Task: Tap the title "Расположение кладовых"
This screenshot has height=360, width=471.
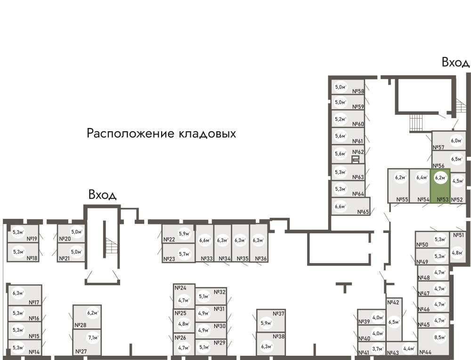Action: [161, 134]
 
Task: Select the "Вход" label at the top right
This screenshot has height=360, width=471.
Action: [455, 62]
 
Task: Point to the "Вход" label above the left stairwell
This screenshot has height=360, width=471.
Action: [102, 194]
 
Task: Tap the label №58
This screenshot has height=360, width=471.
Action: [359, 92]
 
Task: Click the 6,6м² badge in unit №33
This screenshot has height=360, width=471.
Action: [204, 241]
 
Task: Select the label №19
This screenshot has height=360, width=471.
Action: [32, 239]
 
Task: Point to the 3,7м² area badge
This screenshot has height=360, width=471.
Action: [377, 349]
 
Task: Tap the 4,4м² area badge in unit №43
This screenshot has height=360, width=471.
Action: [408, 349]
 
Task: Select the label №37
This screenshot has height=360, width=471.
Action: [279, 314]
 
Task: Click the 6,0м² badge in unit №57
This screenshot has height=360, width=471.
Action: [455, 140]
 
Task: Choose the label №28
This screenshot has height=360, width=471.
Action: [80, 325]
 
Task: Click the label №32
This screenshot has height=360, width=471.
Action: [220, 292]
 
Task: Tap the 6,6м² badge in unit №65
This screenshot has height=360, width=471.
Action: [340, 206]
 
